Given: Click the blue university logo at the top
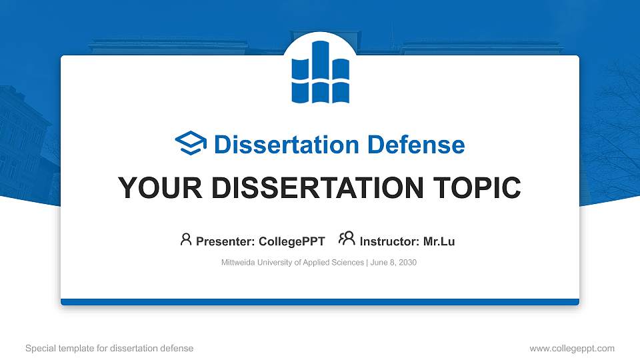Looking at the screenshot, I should point(320,72).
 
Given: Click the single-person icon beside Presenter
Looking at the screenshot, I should point(186,239).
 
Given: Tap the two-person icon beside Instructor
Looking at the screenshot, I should point(347,239).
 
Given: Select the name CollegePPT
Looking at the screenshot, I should point(292,241).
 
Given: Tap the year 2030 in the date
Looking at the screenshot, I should point(406,263).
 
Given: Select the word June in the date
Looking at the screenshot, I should point(378,263).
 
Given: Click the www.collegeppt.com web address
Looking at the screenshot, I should point(572,348).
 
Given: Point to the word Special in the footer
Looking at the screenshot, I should point(39,348).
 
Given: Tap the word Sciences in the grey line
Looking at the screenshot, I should point(346,263).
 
